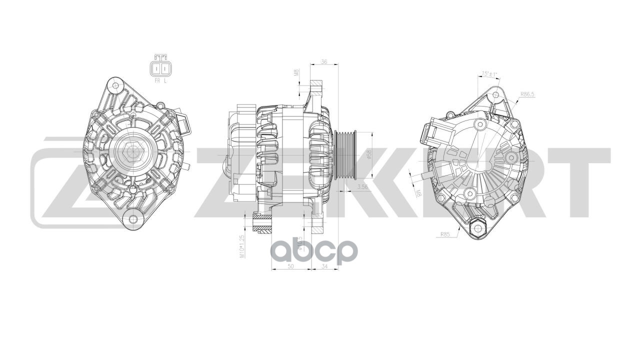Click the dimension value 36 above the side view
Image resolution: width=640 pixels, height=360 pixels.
click(324, 62)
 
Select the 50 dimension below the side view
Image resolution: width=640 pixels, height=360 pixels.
click(290, 266)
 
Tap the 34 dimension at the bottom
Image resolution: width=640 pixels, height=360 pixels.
click(324, 266)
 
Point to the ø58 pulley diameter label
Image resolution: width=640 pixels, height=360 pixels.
click(368, 154)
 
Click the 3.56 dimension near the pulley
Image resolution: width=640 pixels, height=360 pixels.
click(363, 187)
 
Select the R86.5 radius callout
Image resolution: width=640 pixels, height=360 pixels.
click(527, 93)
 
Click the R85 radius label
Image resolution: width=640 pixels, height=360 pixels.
click(445, 233)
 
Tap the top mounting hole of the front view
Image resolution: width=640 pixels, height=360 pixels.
click(116, 85)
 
